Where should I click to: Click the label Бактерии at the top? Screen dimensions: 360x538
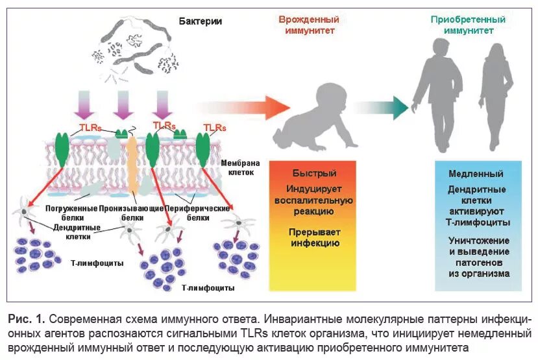[200, 21]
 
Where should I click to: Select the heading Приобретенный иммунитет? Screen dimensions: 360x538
[468, 25]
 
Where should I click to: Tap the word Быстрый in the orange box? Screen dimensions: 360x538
[313, 174]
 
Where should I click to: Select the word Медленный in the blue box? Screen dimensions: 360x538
[476, 174]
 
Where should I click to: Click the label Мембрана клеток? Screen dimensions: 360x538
[242, 168]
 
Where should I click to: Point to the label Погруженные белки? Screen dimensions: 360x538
[71, 209]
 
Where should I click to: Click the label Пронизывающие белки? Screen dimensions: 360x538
[130, 209]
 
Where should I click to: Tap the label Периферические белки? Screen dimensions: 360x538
[197, 209]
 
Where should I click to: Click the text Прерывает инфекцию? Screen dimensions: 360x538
[313, 237]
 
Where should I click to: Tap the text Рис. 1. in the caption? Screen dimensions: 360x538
[26, 319]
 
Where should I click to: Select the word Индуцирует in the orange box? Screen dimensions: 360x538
[313, 189]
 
